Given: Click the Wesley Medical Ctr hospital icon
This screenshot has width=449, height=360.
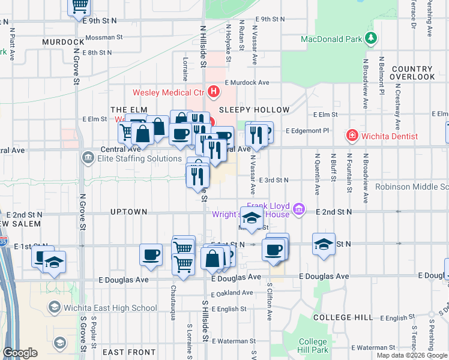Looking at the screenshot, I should tap(214, 92).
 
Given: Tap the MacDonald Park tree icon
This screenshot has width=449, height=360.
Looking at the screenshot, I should tap(372, 39).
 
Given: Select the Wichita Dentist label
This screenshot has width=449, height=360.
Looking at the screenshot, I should tap(389, 136).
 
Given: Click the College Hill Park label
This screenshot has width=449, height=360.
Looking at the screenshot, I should tap(313, 346).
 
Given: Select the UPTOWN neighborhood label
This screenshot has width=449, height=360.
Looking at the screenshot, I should tap(129, 212).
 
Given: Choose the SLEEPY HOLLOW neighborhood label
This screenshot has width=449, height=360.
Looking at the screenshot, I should tap(254, 110).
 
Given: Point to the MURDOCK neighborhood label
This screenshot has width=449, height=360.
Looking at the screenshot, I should tap(63, 42).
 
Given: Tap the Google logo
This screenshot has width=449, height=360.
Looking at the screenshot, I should tap(20, 353).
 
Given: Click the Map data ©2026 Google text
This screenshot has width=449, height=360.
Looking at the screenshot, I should tap(411, 355).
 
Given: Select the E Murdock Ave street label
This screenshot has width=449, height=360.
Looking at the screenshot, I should tap(247, 82).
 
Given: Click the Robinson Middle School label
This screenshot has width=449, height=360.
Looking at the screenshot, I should tap(412, 187).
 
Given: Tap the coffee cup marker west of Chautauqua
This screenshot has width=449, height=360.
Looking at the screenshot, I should tap(151, 254).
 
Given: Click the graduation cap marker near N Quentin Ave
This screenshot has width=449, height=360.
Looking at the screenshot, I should tap(324, 244).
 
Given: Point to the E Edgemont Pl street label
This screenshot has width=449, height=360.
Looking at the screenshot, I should tap(307, 130).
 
